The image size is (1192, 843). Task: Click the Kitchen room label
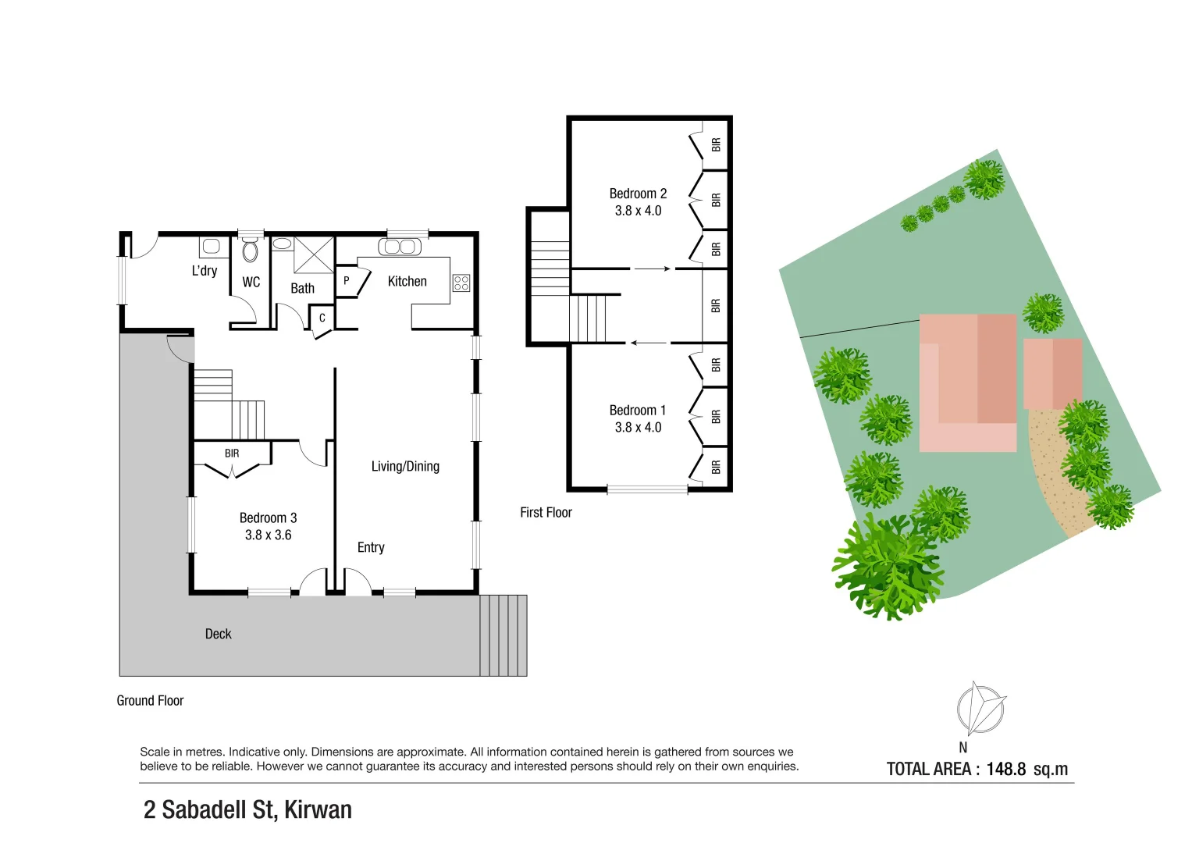coord(407,282)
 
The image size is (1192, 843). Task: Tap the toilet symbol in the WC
coord(250,251)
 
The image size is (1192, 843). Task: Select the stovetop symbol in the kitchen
coord(461,283)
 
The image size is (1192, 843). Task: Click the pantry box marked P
coord(347,281)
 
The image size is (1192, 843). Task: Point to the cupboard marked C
coord(322,318)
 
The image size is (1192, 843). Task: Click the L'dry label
coord(205,271)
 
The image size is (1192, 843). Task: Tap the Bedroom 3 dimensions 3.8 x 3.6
coord(268,535)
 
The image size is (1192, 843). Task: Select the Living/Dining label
coord(405,467)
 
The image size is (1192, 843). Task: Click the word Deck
coord(218,634)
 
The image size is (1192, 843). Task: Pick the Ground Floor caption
coord(150,701)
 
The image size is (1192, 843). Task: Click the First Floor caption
coord(546,513)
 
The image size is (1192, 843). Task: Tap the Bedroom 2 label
coord(638,194)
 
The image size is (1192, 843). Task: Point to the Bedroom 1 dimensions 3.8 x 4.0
coord(638,428)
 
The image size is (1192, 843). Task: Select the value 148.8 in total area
coord(1005,770)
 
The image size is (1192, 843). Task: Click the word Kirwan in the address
coord(318,810)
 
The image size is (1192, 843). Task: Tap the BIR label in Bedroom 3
coord(232,454)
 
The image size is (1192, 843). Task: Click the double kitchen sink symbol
coord(400,247)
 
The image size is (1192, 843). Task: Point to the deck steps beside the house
coord(503,635)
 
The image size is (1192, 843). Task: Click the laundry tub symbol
coord(211,247)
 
